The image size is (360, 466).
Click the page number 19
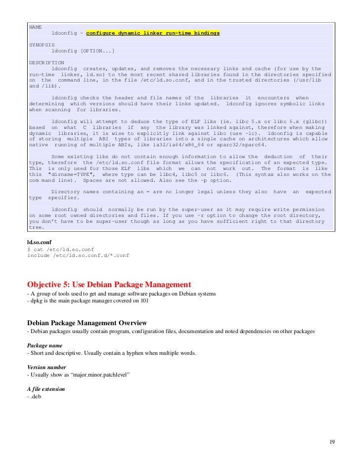(332, 441)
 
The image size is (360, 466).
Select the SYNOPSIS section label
(41, 44)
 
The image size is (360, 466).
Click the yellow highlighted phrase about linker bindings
(153, 33)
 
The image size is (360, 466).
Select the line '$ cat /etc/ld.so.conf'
(60, 249)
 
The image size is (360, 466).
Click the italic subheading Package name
(45, 345)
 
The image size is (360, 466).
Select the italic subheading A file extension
(46, 389)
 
